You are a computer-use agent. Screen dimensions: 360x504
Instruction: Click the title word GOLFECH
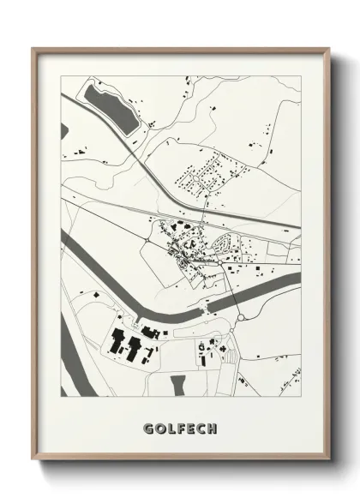point(180,427)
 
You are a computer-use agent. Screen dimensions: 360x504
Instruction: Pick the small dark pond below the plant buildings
point(178,385)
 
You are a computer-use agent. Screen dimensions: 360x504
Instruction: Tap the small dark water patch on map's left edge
point(64,131)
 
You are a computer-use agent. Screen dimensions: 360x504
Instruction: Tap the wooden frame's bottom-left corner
point(33,460)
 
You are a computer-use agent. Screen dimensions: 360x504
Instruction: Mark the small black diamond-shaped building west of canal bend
point(95,296)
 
